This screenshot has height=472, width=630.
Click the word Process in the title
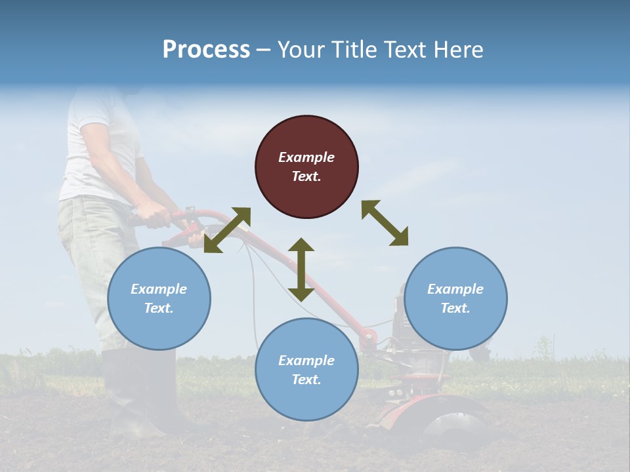(206, 50)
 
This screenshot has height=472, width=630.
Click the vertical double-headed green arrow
(301, 269)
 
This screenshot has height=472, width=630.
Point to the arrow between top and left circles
(227, 230)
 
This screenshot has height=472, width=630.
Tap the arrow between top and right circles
(385, 223)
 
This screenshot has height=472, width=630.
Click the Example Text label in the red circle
(306, 167)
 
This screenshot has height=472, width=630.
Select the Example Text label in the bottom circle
(306, 370)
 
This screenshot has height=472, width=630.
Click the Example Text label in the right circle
(455, 298)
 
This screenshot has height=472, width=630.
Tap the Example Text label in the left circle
(159, 298)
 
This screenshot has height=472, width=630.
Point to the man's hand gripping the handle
(152, 214)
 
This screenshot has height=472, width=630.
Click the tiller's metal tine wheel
(453, 426)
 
